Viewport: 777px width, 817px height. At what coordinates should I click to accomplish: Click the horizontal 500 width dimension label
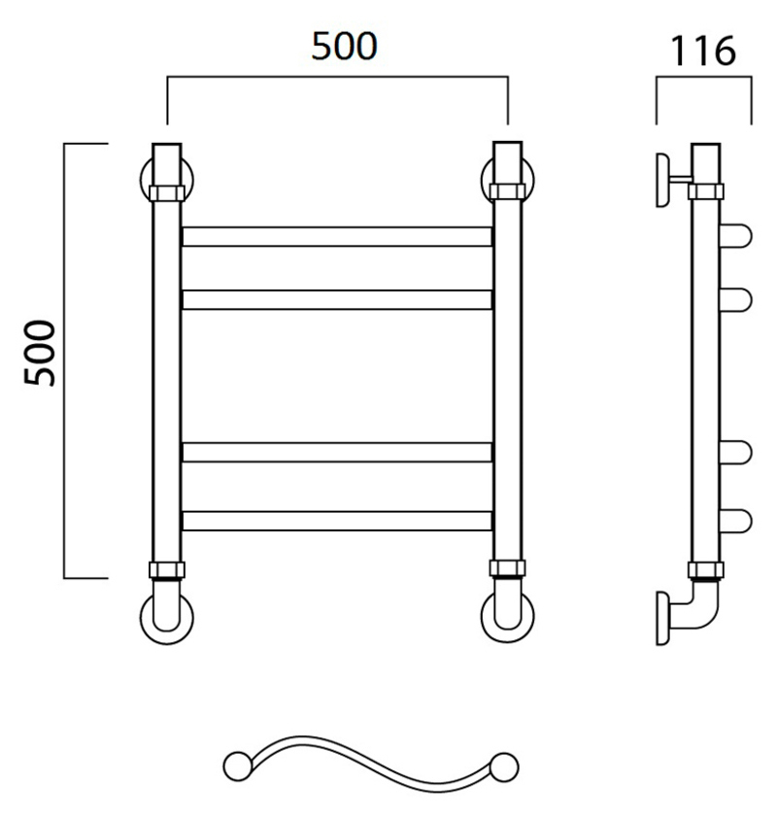344,47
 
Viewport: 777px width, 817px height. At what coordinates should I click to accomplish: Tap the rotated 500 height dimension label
40,353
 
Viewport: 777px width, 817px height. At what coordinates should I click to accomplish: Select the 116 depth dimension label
703,51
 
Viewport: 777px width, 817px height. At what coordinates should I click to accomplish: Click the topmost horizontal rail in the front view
337,237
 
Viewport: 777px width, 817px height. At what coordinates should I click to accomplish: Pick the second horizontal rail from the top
337,299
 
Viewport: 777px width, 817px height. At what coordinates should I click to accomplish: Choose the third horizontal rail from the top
337,453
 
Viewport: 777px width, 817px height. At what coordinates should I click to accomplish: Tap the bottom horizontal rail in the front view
337,521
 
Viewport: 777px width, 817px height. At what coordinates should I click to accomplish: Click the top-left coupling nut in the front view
167,192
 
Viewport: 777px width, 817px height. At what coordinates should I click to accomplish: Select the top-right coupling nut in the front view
507,191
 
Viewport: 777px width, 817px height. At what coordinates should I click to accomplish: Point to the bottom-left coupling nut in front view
167,570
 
